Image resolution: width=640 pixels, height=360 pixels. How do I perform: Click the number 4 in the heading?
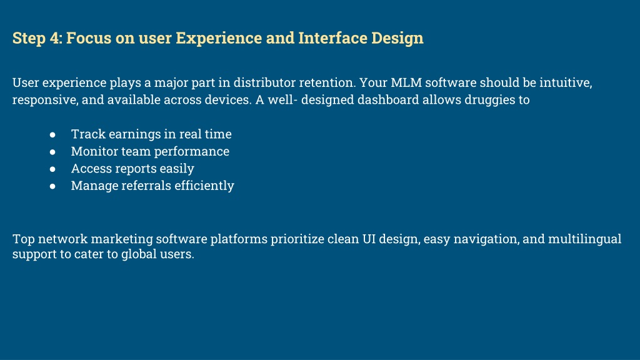(55, 38)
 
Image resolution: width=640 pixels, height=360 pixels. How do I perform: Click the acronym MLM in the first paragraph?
(406, 82)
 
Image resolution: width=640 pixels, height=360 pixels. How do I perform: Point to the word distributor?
(264, 82)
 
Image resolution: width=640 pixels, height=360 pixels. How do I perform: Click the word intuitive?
(566, 82)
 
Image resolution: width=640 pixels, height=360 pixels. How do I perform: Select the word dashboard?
(388, 99)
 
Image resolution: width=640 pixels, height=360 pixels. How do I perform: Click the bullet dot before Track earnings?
(52, 135)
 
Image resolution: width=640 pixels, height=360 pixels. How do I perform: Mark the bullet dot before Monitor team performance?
(52, 152)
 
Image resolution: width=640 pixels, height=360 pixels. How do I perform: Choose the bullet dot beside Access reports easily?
(52, 169)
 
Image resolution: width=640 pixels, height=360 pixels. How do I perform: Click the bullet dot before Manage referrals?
(52, 186)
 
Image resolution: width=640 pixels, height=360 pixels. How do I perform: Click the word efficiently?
(204, 186)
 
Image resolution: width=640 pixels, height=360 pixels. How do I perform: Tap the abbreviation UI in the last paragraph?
(369, 239)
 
